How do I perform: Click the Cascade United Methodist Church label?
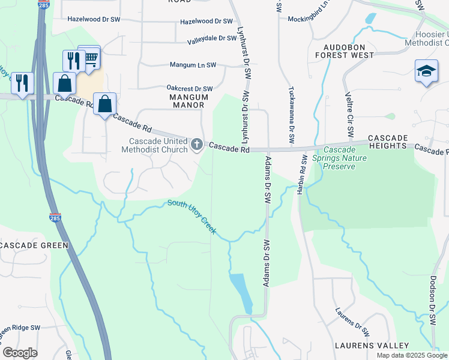click(154, 145)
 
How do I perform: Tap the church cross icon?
click(196, 144)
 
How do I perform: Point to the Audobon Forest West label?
click(348, 51)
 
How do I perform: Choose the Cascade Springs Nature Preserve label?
click(339, 158)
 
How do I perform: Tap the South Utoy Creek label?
click(191, 217)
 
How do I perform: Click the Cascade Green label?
click(34, 245)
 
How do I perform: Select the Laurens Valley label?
click(372, 346)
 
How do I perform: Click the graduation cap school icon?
click(426, 71)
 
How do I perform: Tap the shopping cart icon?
click(91, 58)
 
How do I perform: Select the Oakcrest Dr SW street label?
click(190, 88)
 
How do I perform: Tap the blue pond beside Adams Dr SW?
click(240, 291)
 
